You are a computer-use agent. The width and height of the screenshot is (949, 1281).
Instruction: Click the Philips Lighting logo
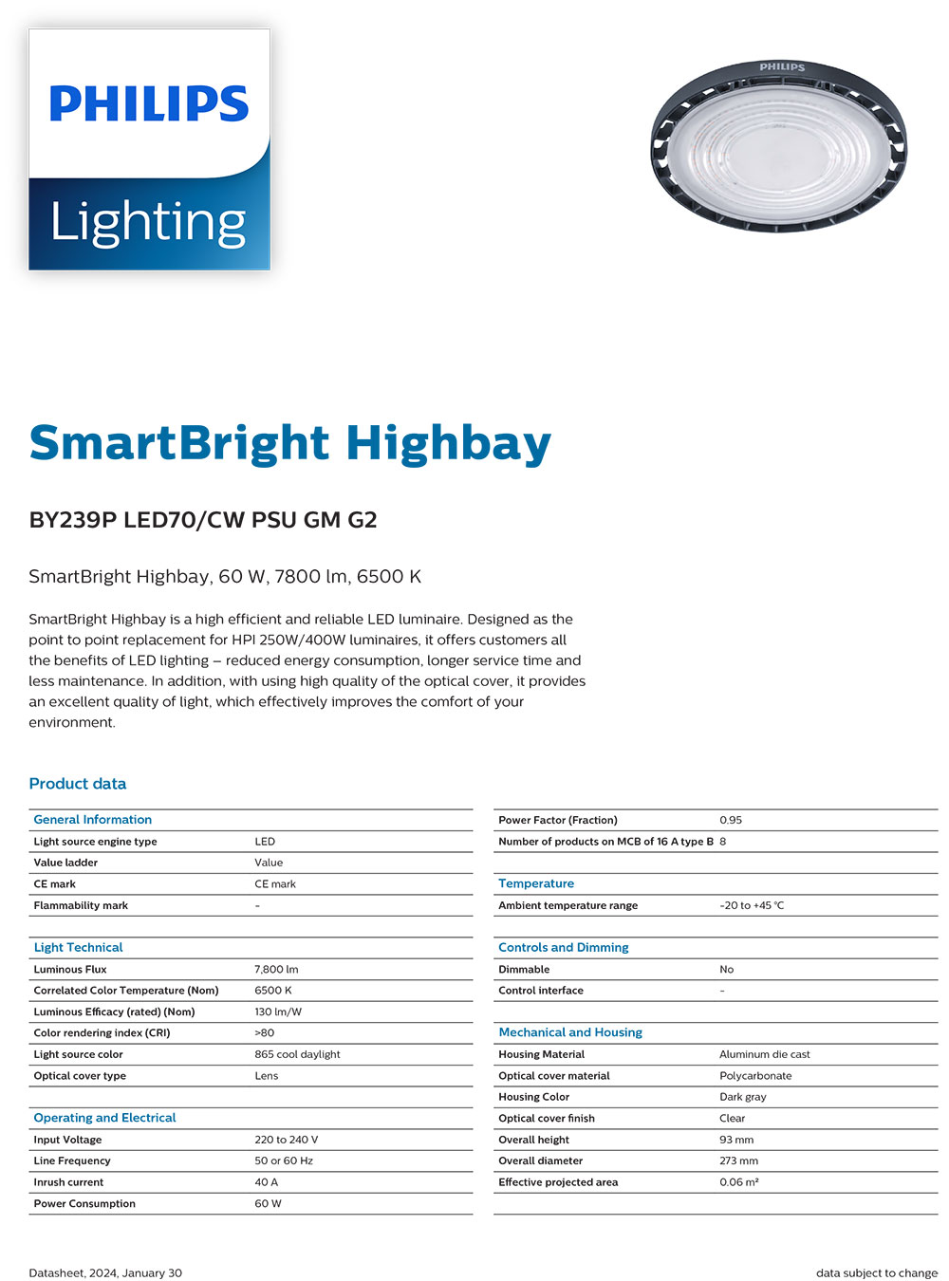coord(149,149)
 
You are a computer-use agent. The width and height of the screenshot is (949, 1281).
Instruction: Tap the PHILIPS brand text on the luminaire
coord(782,67)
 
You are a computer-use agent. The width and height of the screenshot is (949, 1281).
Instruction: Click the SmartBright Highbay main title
coord(289,443)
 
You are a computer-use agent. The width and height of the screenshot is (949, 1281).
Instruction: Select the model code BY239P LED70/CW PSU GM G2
coord(203,520)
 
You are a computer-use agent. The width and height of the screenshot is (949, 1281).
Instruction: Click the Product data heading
coord(78,784)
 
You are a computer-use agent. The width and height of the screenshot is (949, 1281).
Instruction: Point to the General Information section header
coord(93,820)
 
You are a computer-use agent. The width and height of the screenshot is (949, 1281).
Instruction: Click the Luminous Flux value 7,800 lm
coord(276,969)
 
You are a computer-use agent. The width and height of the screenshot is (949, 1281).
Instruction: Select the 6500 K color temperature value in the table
coord(273,991)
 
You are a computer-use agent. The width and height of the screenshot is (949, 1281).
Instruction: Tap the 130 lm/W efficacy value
coord(278,1012)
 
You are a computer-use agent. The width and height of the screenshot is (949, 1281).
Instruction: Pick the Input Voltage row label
coord(67,1140)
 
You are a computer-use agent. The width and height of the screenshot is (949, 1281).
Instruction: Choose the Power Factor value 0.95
coord(731,820)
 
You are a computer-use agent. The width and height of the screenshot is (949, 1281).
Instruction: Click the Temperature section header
coord(536,883)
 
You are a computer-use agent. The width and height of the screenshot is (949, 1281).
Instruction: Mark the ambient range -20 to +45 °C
coord(752,905)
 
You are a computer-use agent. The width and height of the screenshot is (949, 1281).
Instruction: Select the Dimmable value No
coord(727,969)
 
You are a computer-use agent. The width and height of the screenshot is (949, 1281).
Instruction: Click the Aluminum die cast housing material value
coord(765,1054)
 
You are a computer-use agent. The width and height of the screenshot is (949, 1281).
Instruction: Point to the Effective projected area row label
coord(558,1182)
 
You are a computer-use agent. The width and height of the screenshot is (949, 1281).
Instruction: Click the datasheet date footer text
coord(105,1273)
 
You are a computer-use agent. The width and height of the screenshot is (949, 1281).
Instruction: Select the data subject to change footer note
coord(877,1273)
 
